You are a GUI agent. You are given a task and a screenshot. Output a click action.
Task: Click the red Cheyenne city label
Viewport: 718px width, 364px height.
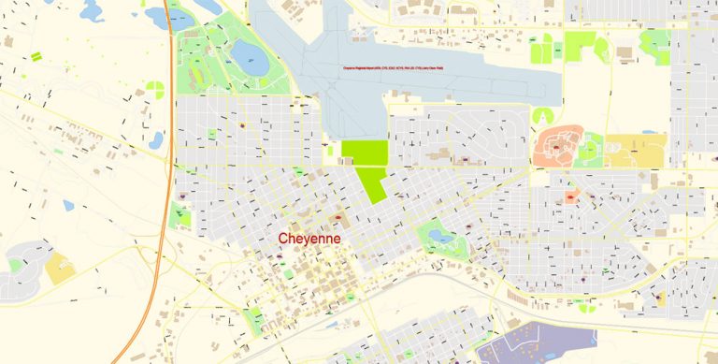(309, 240)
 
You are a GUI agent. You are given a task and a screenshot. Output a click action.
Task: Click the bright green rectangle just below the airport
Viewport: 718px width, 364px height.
(364, 153)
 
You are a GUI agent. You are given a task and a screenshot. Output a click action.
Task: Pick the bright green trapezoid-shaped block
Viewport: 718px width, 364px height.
(371, 182)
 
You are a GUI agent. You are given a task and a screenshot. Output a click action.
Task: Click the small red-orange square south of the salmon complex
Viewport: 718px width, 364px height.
(569, 197)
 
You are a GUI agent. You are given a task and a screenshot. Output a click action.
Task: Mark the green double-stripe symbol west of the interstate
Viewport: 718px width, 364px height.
(36, 57)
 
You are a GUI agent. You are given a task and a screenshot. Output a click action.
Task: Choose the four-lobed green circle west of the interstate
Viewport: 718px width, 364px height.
(155, 91)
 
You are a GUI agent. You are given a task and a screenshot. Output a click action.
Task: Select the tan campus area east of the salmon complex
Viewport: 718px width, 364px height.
(635, 149)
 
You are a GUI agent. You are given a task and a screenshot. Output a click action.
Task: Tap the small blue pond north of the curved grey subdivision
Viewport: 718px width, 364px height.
(68, 205)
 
